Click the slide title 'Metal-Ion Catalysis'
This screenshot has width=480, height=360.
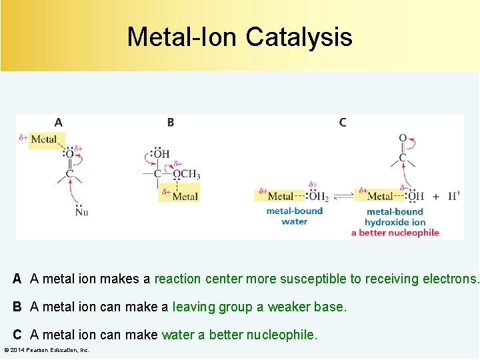click(x=239, y=37)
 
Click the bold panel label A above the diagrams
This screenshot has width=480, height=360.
click(x=59, y=122)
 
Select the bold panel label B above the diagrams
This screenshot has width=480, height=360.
click(x=171, y=122)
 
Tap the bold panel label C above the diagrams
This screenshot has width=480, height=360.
click(x=343, y=122)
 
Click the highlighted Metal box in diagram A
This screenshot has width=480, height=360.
click(x=45, y=139)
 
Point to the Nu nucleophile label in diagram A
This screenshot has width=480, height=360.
click(x=81, y=212)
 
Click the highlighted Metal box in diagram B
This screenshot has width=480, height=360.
click(x=184, y=196)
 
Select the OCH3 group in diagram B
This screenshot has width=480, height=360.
click(x=186, y=175)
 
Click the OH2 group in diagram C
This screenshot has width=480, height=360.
click(x=318, y=196)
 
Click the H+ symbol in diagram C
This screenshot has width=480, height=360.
click(x=454, y=196)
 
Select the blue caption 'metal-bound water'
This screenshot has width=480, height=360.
click(x=294, y=216)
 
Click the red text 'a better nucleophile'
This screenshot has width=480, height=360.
click(x=395, y=233)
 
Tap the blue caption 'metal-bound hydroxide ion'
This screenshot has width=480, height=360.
click(x=395, y=217)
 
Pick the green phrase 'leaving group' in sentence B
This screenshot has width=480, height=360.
click(x=204, y=307)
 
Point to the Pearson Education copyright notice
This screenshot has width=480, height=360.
click(x=47, y=350)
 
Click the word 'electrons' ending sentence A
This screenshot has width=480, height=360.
click(x=449, y=279)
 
